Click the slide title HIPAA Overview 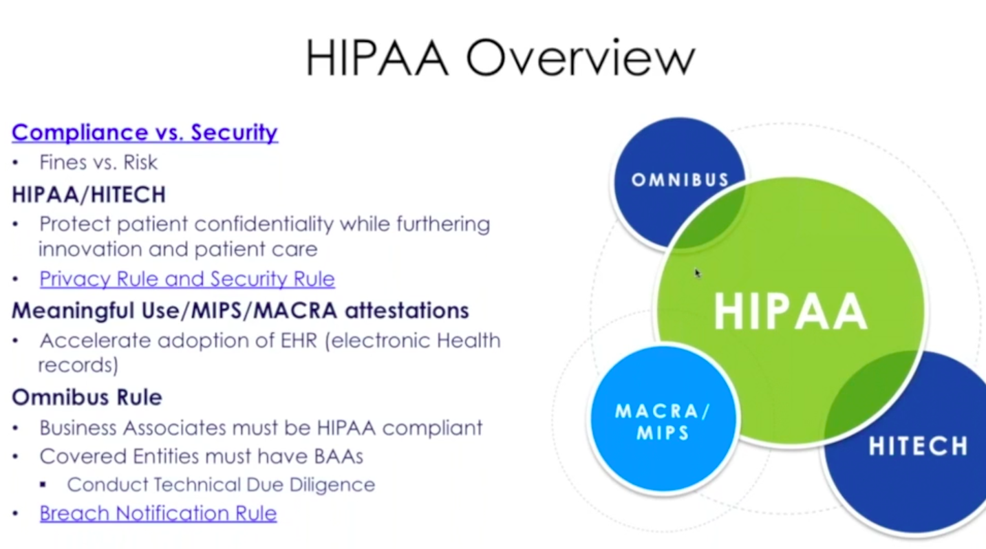point(500,58)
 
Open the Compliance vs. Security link point(144,133)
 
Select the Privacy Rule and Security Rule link point(187,279)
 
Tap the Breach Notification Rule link point(158,513)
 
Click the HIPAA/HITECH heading point(89,195)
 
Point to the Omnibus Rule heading point(87,397)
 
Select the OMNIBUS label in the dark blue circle point(680,180)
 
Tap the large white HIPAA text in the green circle point(790,312)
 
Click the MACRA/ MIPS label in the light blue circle point(663,422)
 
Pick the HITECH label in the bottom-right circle point(918,446)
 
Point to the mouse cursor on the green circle point(698,273)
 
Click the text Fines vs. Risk point(98,162)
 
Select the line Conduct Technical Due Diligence point(221,485)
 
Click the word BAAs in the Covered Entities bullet point(339,457)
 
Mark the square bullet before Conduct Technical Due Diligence point(43,485)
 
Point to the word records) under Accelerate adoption point(78,365)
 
